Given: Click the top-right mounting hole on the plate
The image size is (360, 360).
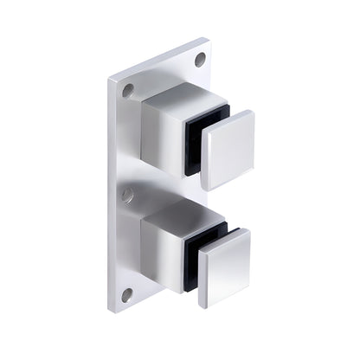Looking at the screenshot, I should coord(200,60).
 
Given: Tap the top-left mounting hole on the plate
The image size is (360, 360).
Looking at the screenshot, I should coord(128,90).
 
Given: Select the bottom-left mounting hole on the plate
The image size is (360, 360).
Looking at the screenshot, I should coord(126,294).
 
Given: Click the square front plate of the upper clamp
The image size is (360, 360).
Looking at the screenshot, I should coord(228,149).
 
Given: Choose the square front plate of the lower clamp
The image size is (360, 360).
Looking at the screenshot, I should coord(224,267).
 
